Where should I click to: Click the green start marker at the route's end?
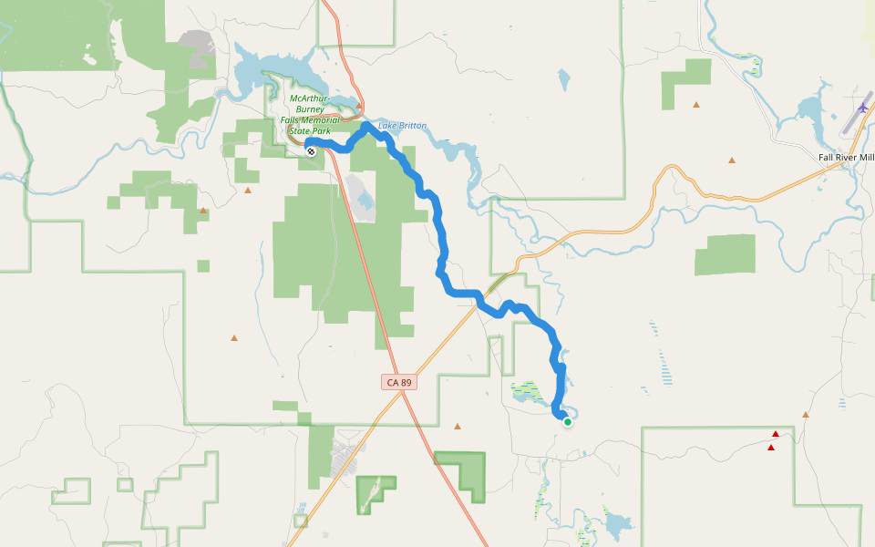[568, 421]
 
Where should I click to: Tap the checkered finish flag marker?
[312, 151]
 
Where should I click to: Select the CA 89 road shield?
[399, 383]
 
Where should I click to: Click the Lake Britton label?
[402, 126]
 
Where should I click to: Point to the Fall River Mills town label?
[846, 158]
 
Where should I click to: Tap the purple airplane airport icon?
[862, 108]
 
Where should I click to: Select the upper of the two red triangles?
[776, 434]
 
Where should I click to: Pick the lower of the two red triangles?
[771, 448]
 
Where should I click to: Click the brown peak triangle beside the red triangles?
[806, 415]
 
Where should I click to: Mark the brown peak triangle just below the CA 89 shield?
[458, 426]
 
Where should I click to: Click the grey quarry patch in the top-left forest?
[197, 40]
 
